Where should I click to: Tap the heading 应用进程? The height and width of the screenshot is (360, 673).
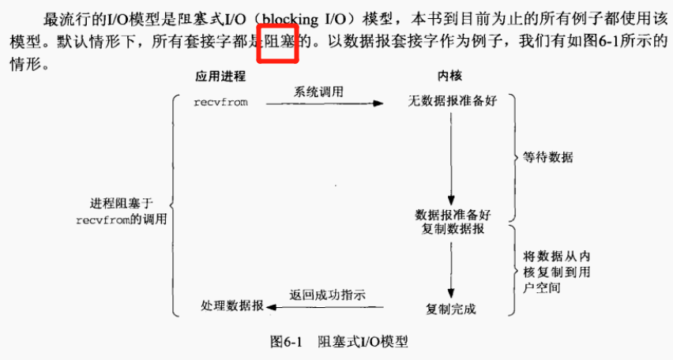tap(220, 77)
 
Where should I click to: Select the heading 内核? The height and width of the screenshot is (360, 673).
tap(450, 77)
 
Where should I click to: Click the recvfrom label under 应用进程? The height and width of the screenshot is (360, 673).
tap(221, 103)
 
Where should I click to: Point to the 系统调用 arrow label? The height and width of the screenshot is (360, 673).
tap(319, 92)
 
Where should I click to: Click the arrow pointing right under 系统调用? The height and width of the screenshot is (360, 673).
tap(324, 103)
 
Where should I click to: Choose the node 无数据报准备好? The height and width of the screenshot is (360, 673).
tap(452, 103)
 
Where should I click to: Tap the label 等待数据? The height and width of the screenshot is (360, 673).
tap(547, 158)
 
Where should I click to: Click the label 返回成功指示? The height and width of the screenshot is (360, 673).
tap(326, 295)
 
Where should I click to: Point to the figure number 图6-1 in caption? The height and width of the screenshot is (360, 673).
tap(287, 342)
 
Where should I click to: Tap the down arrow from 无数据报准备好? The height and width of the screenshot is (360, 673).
tap(451, 158)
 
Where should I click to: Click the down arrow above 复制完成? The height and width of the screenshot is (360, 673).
tap(451, 268)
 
